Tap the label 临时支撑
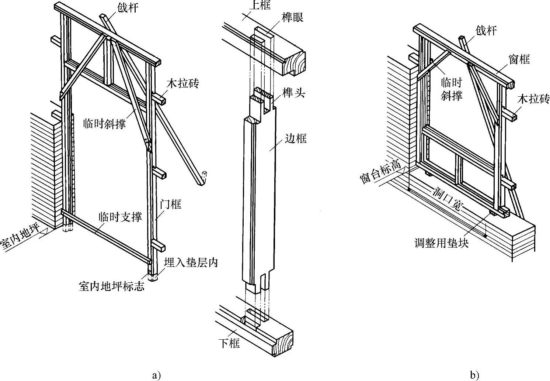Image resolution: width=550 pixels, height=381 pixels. [120, 217]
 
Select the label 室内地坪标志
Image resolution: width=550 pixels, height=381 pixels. [111, 286]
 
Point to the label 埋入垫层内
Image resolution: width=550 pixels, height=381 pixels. [191, 262]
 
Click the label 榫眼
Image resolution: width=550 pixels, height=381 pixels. [293, 17]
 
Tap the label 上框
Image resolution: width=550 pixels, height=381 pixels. [260, 5]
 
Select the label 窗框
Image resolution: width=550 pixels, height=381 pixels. [519, 59]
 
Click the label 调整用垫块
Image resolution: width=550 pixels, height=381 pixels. [442, 243]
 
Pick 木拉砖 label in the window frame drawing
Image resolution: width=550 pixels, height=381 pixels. [533, 99]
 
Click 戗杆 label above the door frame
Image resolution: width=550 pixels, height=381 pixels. [128, 8]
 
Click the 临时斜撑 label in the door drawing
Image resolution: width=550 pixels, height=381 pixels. [104, 123]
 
